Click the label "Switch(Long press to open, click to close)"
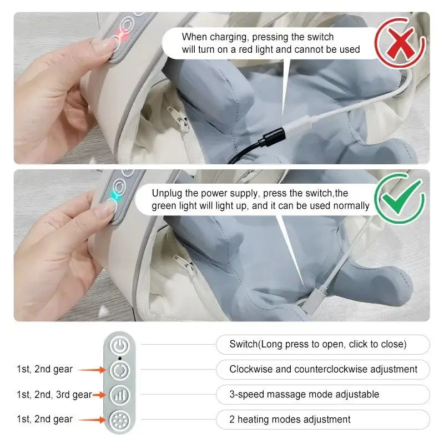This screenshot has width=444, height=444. [318, 344]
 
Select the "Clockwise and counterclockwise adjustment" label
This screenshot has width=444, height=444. [324, 369]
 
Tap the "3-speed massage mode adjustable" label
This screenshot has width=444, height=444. [304, 394]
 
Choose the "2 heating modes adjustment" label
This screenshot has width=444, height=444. [290, 419]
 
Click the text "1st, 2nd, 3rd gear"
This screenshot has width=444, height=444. [53, 395]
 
